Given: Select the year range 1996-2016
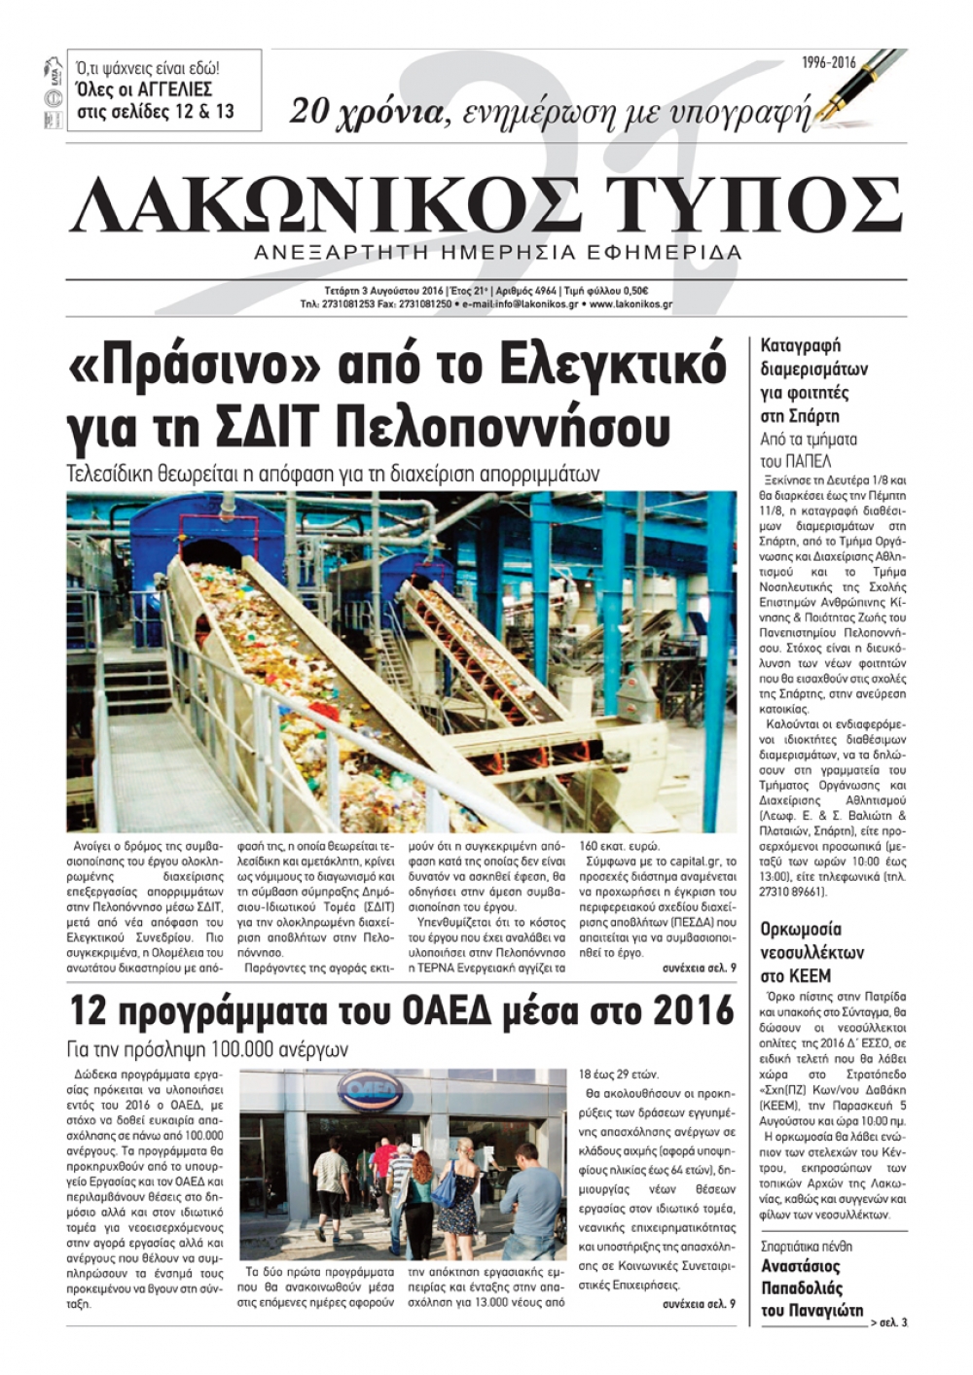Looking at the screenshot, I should pos(829,63).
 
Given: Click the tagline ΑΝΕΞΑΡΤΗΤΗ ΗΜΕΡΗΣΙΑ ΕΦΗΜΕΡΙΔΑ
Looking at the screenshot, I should pos(496,253).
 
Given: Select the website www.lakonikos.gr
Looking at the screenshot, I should pos(631,303).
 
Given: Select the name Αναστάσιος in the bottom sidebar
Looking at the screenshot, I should pos(800,1266).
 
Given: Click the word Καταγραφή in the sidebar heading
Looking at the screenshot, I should pos(800,345).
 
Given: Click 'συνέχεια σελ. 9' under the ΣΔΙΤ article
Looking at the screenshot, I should pos(699,970).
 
